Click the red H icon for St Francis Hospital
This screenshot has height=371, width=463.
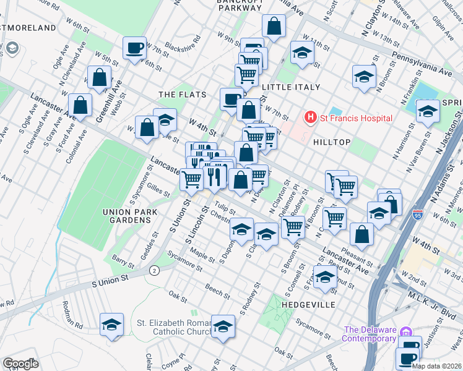[309, 117]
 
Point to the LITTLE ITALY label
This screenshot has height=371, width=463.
[290, 87]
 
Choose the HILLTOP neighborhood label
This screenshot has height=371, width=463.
[332, 142]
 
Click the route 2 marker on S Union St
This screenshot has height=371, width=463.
[154, 270]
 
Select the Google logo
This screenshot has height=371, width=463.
[20, 363]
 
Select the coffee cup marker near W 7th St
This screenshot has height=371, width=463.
[134, 48]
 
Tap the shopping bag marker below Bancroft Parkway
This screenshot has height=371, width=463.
[273, 27]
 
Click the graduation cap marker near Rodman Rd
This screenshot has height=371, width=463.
[111, 324]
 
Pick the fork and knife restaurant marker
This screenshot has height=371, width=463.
[214, 176]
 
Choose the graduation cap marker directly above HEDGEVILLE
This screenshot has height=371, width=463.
[325, 278]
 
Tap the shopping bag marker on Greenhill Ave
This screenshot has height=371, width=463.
[99, 77]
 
